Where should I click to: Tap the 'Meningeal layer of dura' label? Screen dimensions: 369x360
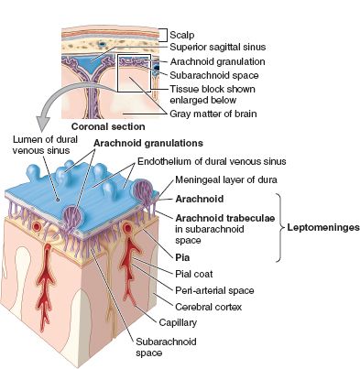tap(235, 179)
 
